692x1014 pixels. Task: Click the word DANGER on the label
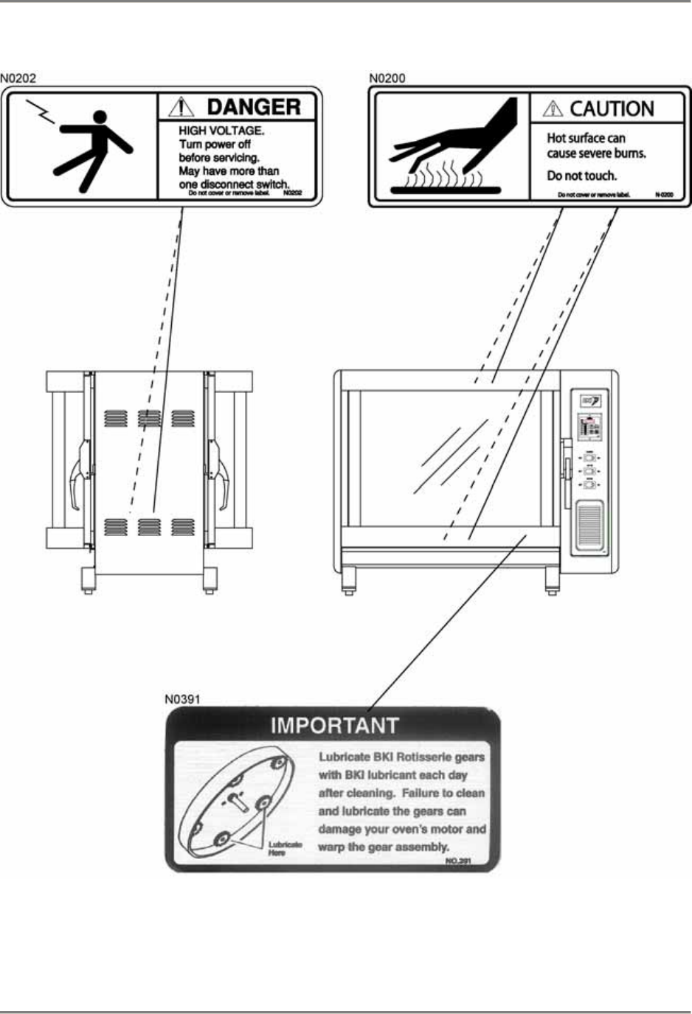point(253,107)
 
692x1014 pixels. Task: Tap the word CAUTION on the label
point(612,109)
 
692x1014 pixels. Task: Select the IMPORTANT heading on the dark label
point(334,726)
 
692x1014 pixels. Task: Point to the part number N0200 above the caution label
point(387,78)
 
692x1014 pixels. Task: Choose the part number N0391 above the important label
point(182,698)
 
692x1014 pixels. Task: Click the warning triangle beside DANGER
point(181,108)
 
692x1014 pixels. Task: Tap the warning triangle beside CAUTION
point(552,109)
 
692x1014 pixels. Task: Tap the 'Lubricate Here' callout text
point(283,848)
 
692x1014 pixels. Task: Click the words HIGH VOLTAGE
point(221,131)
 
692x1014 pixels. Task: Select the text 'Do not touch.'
point(581,176)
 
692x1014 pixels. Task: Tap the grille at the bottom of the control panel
point(589,526)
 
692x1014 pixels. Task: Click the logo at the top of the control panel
point(590,401)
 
